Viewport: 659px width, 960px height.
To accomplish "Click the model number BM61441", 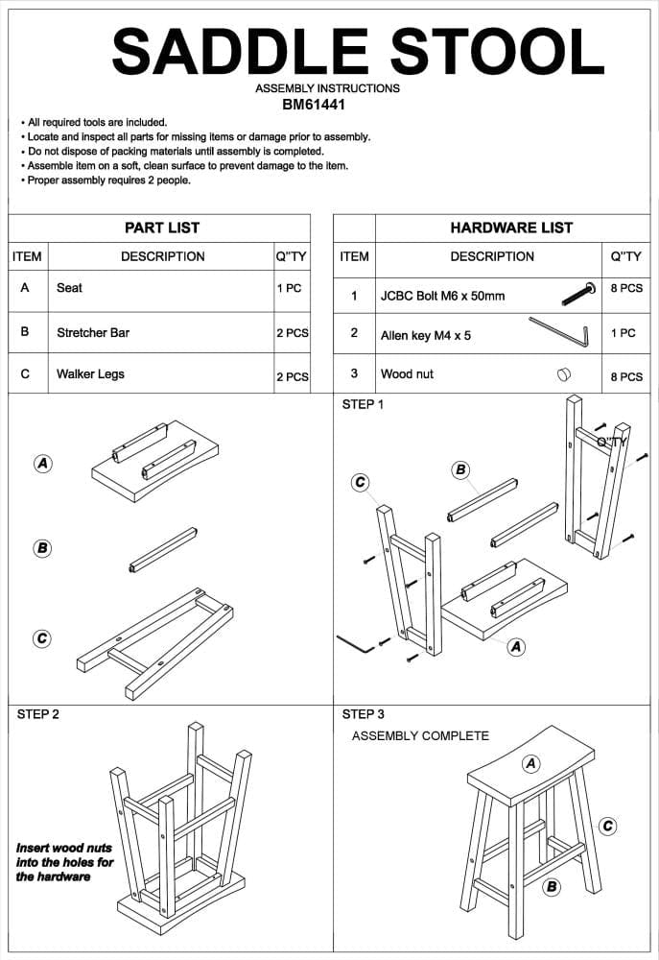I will click(x=314, y=105).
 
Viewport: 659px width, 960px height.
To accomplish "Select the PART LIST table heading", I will click(x=162, y=228).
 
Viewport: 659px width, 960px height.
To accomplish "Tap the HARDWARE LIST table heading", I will click(x=511, y=228).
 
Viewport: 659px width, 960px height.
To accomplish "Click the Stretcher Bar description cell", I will click(x=93, y=333).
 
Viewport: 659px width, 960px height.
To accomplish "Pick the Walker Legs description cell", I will click(x=90, y=374).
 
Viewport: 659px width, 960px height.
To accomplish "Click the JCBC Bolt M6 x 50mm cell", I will click(x=442, y=296).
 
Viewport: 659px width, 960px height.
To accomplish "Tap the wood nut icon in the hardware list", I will click(x=564, y=373).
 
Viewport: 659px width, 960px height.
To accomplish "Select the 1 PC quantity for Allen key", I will click(x=624, y=333).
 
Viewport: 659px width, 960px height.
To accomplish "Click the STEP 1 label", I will click(x=363, y=404).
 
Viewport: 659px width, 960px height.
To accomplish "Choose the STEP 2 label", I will click(x=38, y=714).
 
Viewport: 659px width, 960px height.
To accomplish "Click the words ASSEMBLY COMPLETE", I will click(x=420, y=735).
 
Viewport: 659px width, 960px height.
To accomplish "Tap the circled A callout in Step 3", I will click(x=530, y=763).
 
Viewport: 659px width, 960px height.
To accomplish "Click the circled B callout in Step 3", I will click(x=552, y=886).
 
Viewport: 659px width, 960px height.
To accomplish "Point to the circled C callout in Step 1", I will click(x=361, y=482).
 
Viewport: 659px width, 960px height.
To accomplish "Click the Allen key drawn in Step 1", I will click(x=355, y=642).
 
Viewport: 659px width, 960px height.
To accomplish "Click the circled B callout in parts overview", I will click(x=42, y=548).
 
